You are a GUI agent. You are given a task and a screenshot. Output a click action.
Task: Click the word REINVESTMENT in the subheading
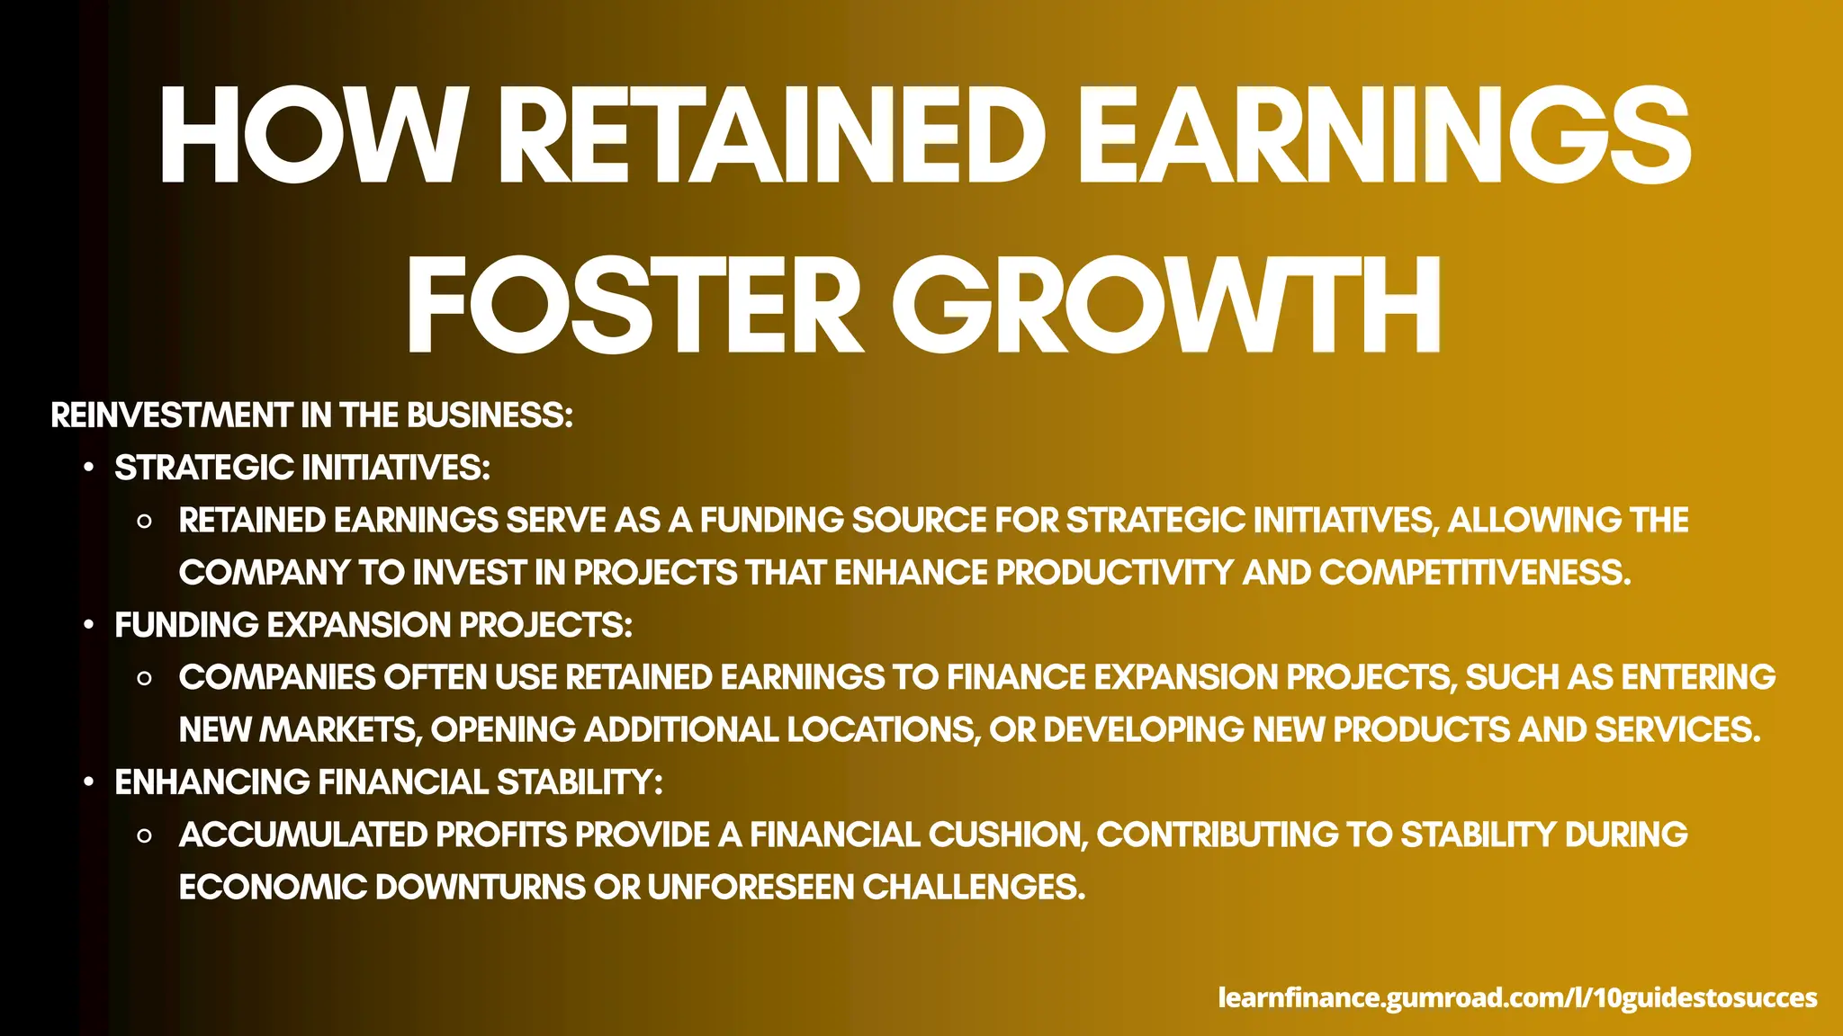[x=171, y=415]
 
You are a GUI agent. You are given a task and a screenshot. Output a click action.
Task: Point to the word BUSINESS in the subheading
[x=490, y=415]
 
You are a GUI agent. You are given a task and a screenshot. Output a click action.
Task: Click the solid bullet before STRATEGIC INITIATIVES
[x=88, y=469]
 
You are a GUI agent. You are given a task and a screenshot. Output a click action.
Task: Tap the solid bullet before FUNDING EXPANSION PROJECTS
[x=88, y=626]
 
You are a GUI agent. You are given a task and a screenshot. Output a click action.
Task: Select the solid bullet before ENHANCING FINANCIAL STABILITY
[x=88, y=783]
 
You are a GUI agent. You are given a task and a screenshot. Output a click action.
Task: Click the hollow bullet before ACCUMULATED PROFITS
[x=144, y=836]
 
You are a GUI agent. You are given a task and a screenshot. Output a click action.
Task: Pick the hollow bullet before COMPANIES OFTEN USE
[x=144, y=679]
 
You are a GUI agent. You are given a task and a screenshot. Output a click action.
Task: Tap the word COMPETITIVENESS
[x=1475, y=573]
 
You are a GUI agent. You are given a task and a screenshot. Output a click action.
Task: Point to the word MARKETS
[x=341, y=730]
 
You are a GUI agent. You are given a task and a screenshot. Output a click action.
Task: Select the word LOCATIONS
[x=883, y=730]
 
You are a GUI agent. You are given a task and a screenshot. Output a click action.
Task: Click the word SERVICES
[x=1677, y=730]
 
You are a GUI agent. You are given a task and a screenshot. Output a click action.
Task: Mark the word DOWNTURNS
[x=481, y=888]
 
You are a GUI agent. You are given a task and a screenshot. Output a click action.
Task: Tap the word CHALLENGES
[x=974, y=888]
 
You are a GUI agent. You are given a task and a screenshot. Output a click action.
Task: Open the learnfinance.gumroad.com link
[x=1517, y=997]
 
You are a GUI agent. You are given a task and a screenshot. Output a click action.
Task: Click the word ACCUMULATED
[x=303, y=835]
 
